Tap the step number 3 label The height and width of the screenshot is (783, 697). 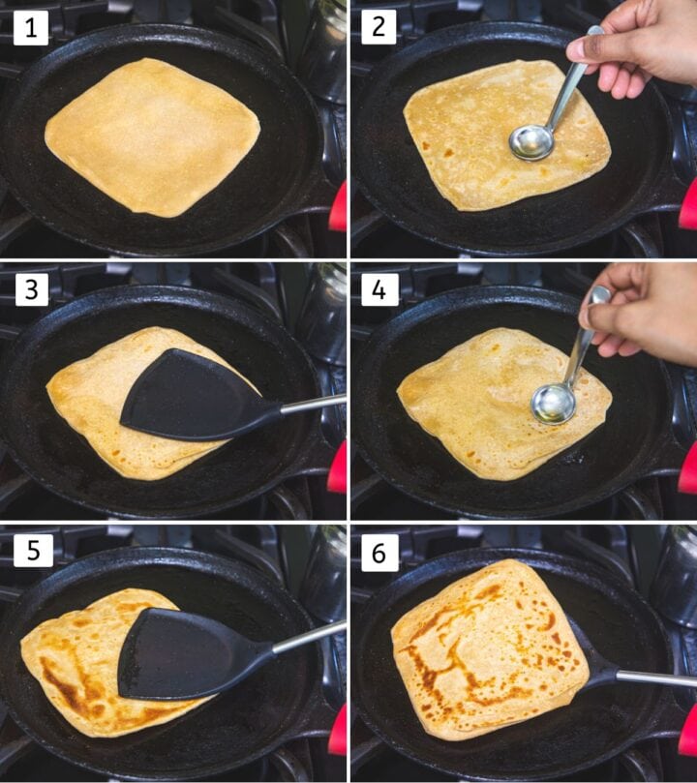(31, 289)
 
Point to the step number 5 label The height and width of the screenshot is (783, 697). (31, 551)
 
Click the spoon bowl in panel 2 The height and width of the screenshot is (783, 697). (530, 142)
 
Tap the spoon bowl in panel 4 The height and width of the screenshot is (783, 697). (552, 403)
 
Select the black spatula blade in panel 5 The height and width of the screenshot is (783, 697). (184, 653)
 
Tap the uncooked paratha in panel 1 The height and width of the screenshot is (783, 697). (152, 136)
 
